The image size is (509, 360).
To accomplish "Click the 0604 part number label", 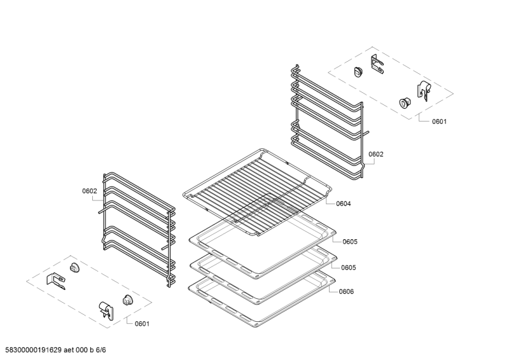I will point(343,204).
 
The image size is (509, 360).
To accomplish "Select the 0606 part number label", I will point(346,291).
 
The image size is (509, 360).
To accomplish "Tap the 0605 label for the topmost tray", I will point(349,242).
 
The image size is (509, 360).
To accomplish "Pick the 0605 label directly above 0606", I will point(348,267).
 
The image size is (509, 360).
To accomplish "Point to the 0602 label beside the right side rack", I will point(376,154).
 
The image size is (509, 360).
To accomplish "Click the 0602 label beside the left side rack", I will point(89,191).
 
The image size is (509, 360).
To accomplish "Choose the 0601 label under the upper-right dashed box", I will point(439,121).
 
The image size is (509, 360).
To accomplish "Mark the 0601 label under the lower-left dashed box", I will point(142,324).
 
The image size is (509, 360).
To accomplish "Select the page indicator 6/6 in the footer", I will point(101,350).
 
